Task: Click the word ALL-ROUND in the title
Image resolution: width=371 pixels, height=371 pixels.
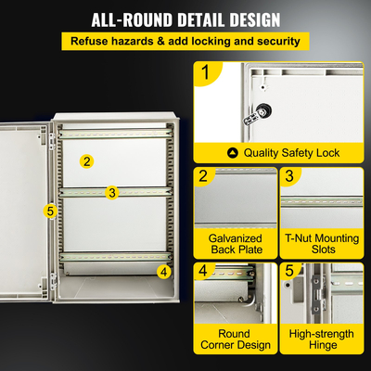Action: pos(136,19)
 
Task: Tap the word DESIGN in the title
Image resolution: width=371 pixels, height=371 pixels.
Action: pos(254,19)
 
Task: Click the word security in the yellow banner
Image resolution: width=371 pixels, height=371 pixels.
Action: pos(275,42)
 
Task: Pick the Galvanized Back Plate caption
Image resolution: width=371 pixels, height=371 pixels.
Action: pos(235,244)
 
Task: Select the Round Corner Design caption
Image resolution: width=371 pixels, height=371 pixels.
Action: pos(235,339)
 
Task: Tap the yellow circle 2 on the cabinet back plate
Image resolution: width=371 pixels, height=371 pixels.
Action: pos(86,161)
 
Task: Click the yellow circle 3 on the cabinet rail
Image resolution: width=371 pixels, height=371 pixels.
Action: pos(111,193)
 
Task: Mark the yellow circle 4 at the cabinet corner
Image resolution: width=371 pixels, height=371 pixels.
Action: pos(163,272)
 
